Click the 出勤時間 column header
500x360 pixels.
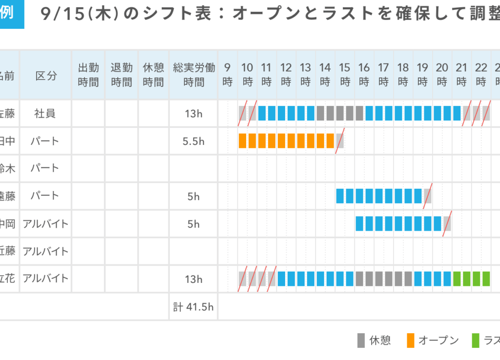coord(88,75)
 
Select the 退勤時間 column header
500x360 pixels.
coord(121,75)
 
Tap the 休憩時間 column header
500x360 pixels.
coord(153,75)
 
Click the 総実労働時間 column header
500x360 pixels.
coord(193,75)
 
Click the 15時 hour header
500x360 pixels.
coord(345,75)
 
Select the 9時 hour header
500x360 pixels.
coord(228,75)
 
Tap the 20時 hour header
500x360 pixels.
coord(442,75)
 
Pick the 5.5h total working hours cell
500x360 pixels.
coord(193,141)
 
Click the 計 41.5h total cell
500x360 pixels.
coord(193,307)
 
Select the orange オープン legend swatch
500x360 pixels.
coord(410,340)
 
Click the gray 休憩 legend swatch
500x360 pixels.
coord(361,340)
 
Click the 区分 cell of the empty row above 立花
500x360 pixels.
coord(46,251)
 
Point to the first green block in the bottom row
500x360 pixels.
coord(457,279)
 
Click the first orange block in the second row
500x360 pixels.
coord(242,141)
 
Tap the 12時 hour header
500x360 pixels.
coord(286,75)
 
